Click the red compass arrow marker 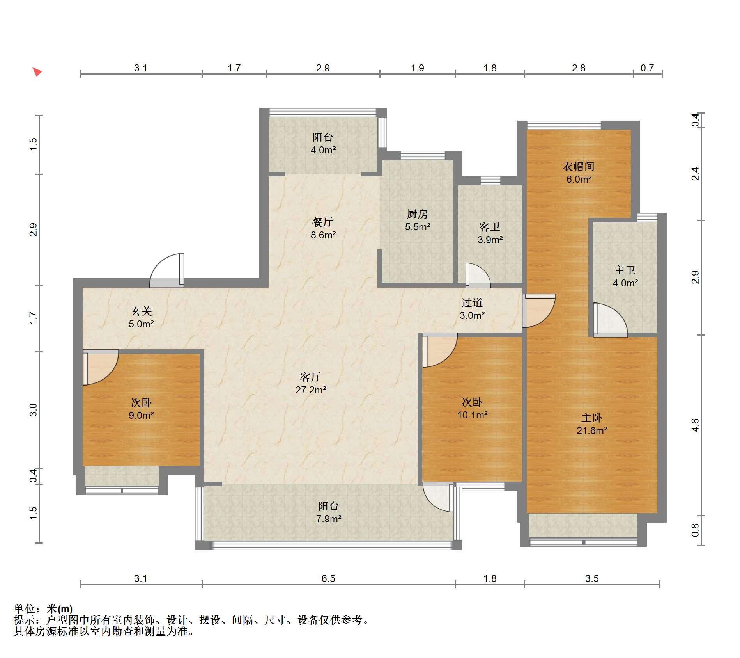pos(37,72)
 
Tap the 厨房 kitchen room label pos(417,214)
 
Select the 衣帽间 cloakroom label pos(578,167)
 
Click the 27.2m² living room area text pos(310,390)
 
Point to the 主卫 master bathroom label pos(625,270)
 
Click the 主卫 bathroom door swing pos(610,320)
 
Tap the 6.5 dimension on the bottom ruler pos(328,578)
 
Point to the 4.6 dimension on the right pos(695,425)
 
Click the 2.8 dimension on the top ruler pos(579,68)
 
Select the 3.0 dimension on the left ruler pos(33,410)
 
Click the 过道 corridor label pos(472,302)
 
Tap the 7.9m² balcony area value pos(329,519)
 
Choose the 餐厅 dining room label pos(323,222)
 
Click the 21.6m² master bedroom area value pos(592,430)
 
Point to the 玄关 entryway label pos(141,311)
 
